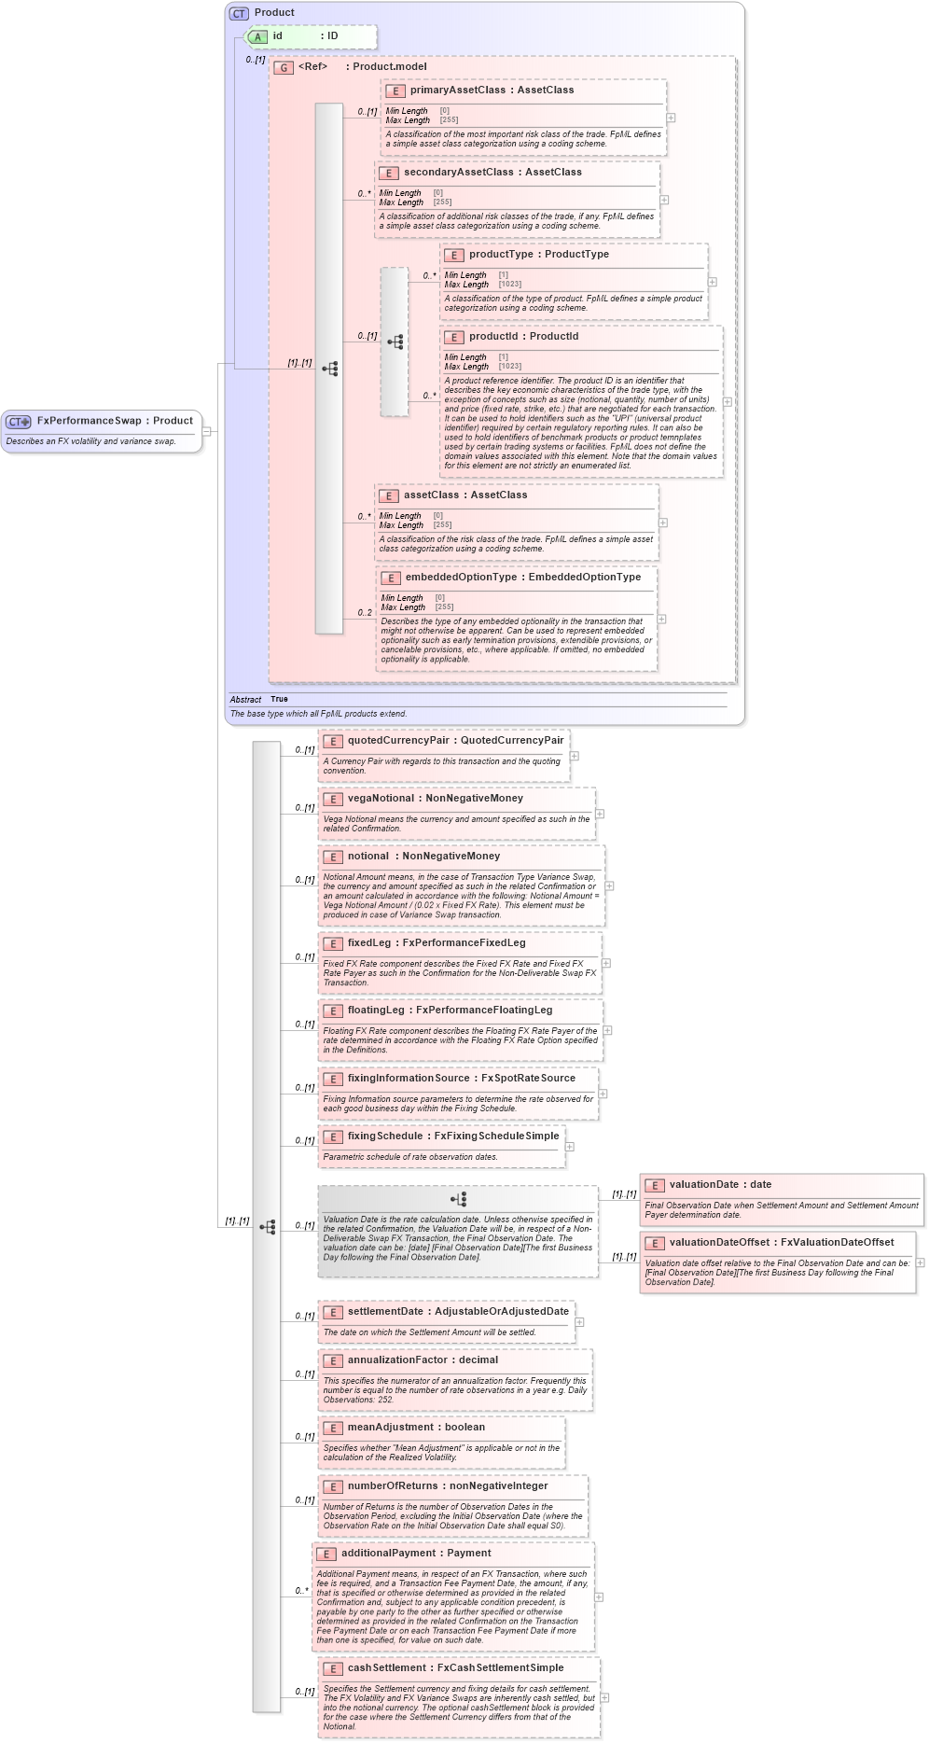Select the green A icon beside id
(257, 36)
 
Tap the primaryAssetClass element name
(458, 91)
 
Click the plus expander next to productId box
(728, 402)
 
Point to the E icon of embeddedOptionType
(391, 578)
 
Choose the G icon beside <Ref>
(284, 67)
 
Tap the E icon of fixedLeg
(332, 943)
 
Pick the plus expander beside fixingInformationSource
(603, 1094)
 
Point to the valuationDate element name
(707, 1185)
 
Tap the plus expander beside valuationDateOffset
(920, 1262)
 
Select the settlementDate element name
(385, 1312)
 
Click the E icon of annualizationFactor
(332, 1360)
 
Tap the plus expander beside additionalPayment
(599, 1597)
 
